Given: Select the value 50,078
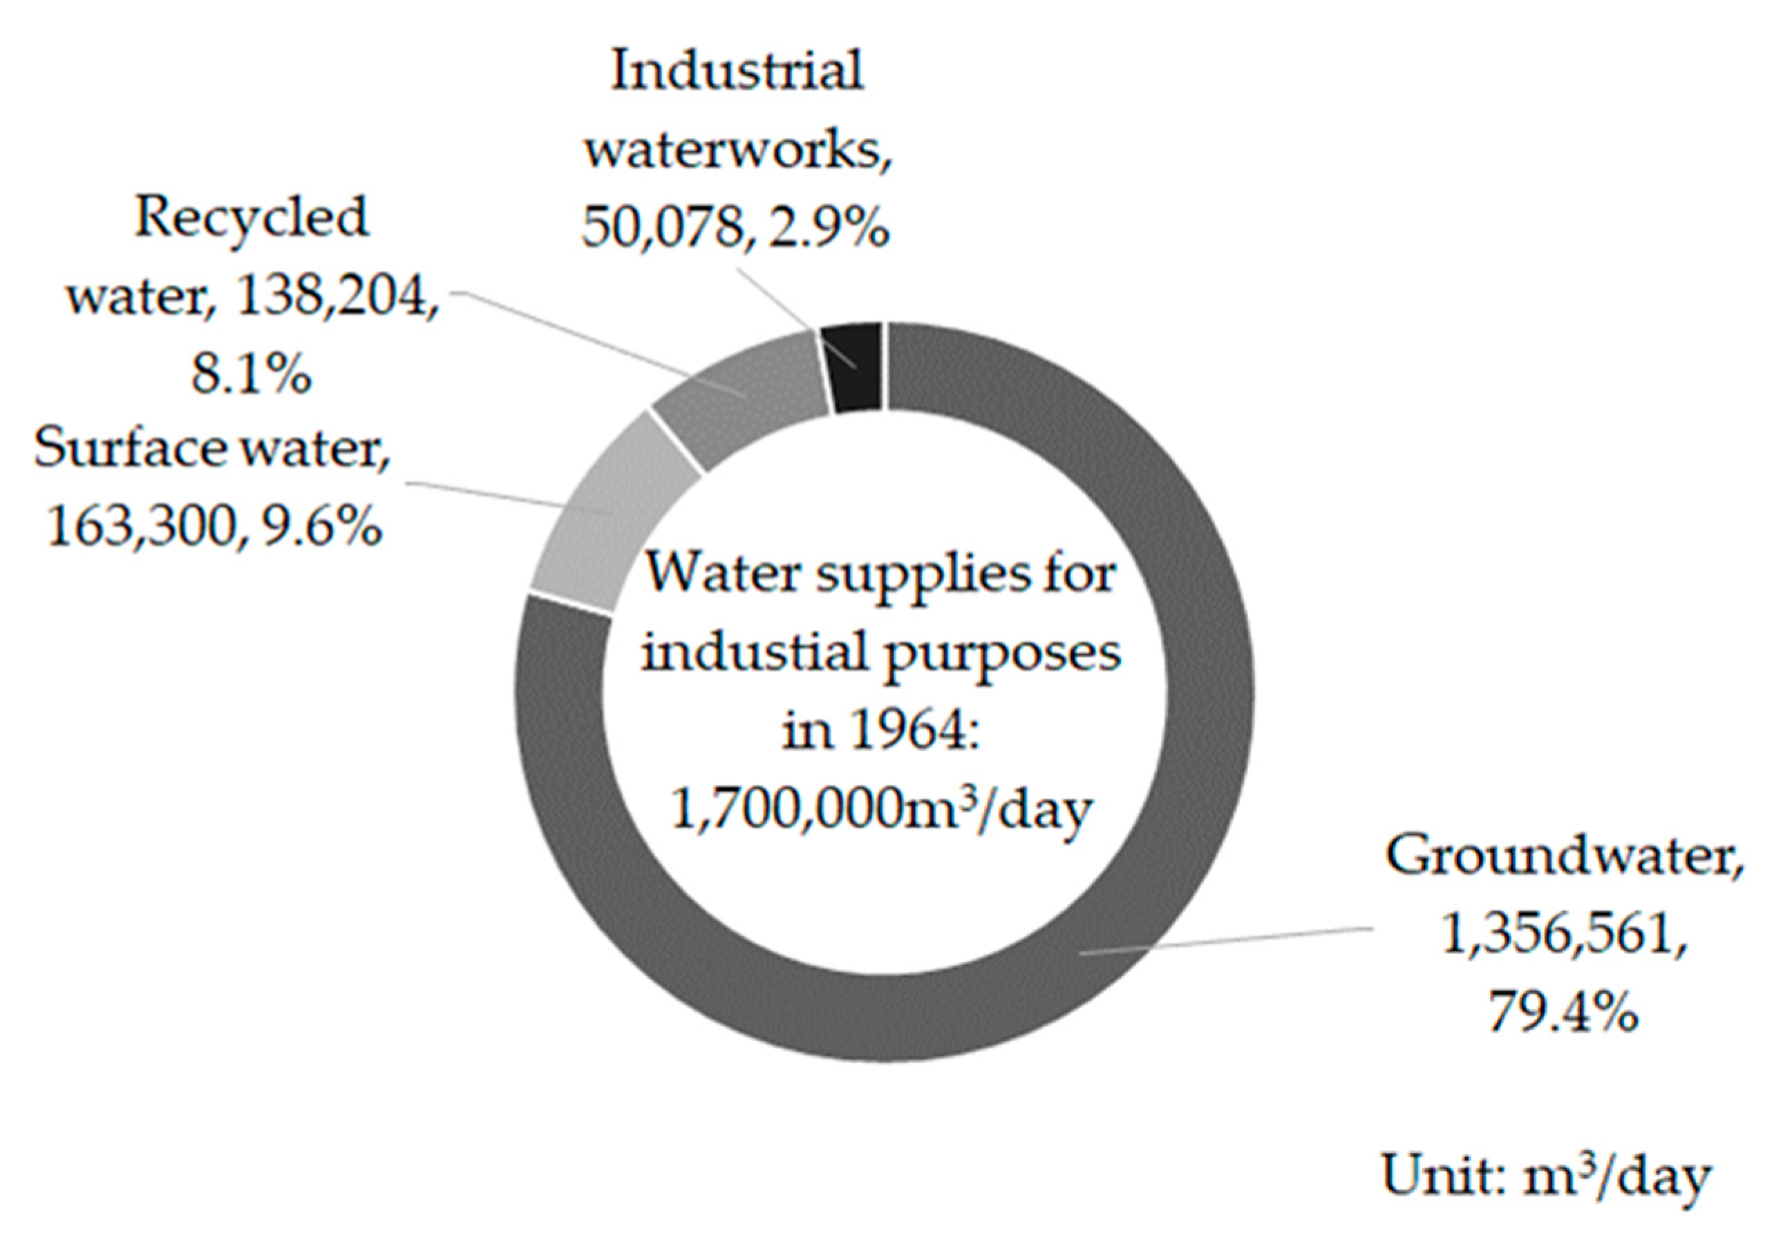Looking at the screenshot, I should [x=662, y=227].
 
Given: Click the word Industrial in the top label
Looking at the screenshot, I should [x=737, y=71].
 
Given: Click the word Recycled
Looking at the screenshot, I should [x=252, y=218].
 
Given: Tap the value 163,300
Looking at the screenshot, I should [x=142, y=527].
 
